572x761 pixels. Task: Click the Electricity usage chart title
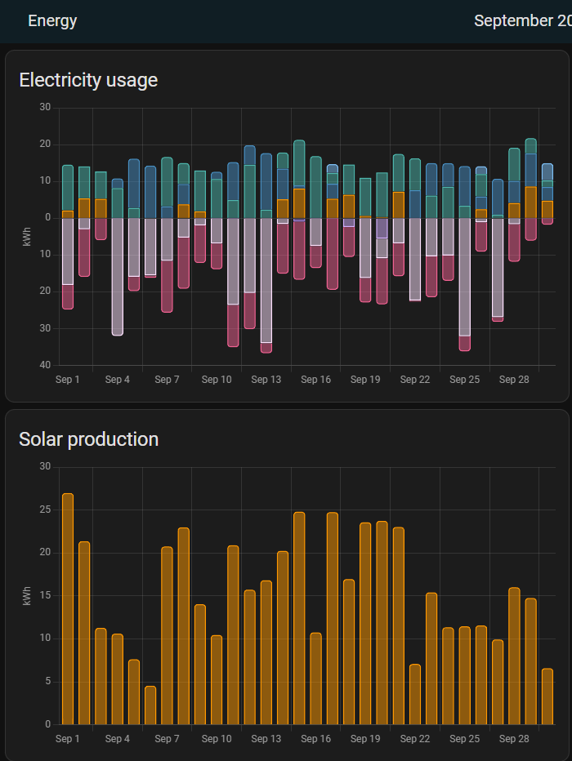point(88,80)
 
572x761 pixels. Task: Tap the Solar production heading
point(88,439)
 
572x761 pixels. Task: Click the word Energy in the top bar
point(52,21)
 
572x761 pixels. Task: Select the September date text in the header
point(523,21)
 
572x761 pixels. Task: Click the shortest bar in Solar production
point(150,705)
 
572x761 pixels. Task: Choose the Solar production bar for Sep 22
point(415,694)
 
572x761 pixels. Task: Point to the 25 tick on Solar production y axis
point(46,510)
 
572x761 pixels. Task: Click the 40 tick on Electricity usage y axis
point(46,365)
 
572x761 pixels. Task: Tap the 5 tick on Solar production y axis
point(47,682)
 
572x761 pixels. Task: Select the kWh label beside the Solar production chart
point(27,595)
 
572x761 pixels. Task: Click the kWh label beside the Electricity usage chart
point(27,236)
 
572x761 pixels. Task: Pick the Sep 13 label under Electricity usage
point(266,380)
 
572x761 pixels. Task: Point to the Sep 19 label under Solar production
point(365,739)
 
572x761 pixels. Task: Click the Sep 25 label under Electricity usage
point(464,380)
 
